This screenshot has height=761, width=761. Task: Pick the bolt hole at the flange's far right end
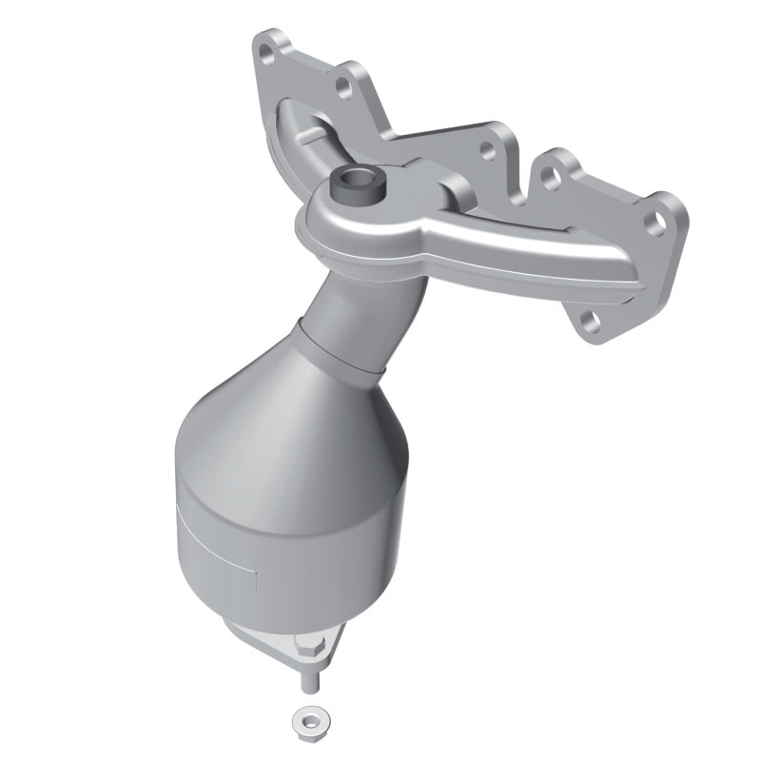[x=654, y=221]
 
